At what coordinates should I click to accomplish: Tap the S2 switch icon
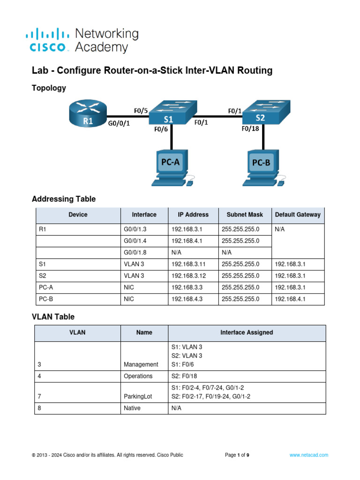(x=262, y=112)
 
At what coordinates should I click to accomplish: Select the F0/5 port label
(x=140, y=111)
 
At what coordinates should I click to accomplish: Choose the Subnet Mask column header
(x=245, y=215)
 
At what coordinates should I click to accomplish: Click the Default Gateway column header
(x=298, y=215)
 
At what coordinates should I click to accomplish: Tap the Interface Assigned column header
(x=247, y=332)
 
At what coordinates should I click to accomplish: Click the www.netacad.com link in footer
(x=308, y=455)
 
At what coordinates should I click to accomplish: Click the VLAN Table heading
(x=53, y=317)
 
